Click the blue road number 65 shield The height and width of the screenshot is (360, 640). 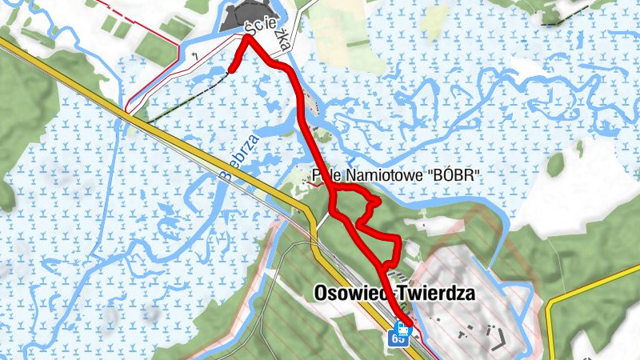coord(398,338)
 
